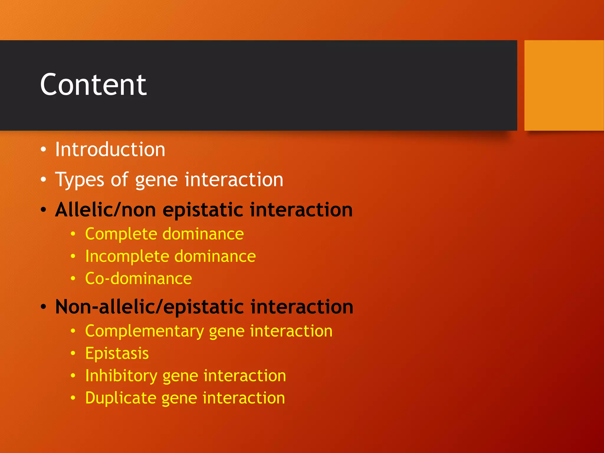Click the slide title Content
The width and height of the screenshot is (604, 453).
pos(93,85)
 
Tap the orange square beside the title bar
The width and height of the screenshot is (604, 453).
pos(564,85)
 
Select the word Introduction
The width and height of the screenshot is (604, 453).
pos(110,149)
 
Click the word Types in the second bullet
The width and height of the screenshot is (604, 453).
pos(80,180)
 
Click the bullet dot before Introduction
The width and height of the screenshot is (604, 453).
pos(43,150)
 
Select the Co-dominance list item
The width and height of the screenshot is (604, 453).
pos(138,278)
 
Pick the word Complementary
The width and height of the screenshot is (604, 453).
pos(144,331)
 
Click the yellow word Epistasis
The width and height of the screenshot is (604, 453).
pos(117,353)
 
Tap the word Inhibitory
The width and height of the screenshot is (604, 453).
pos(121,376)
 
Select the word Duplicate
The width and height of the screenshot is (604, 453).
pos(120,398)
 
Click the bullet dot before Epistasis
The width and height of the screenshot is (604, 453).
pos(73,353)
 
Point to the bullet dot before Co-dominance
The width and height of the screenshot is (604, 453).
pos(73,278)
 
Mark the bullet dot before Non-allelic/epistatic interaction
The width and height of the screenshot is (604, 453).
pos(43,307)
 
